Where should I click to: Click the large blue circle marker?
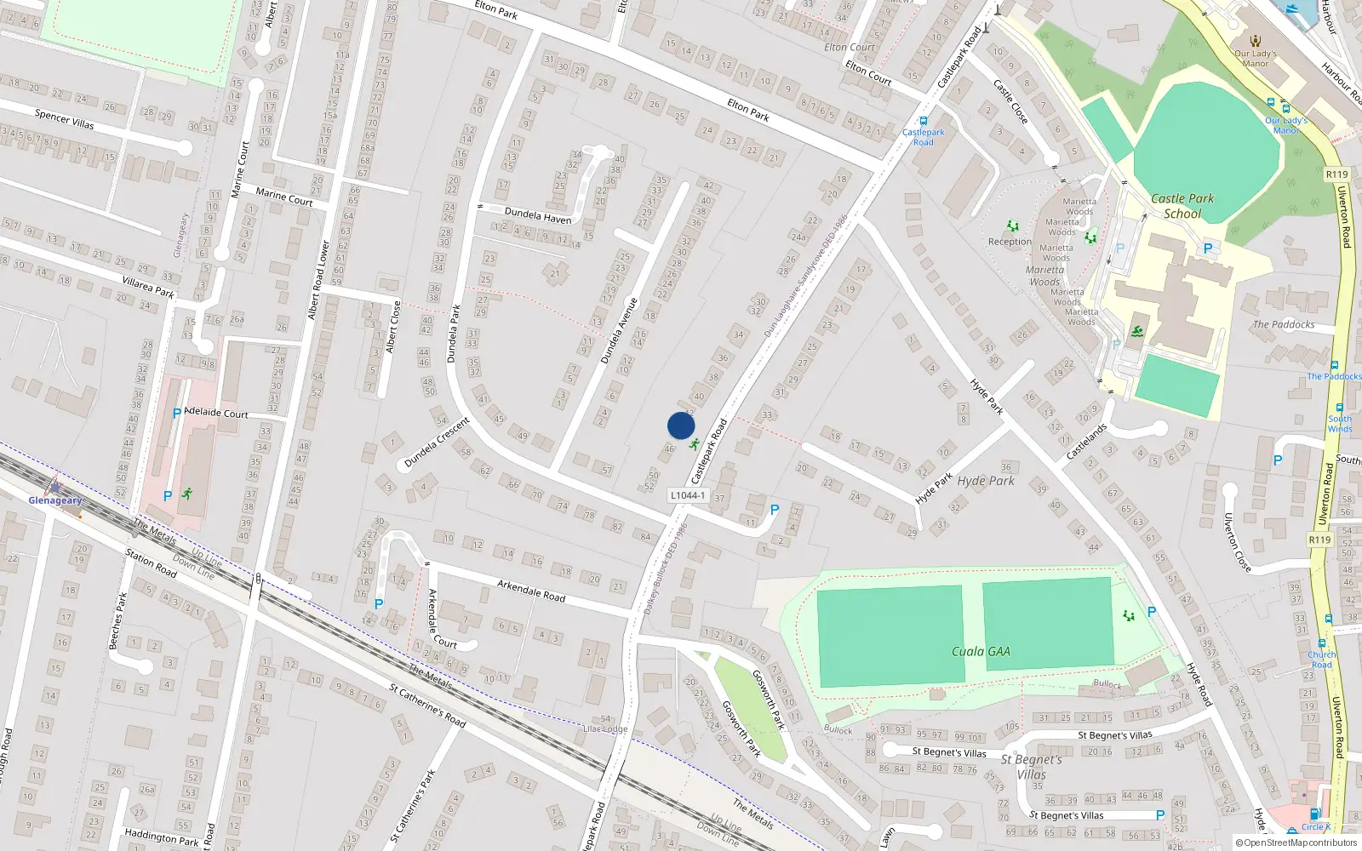coord(681,425)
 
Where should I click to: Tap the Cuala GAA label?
coord(981,652)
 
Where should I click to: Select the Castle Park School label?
coord(1182,206)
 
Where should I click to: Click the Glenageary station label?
coord(55,500)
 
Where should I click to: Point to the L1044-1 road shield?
coord(687,495)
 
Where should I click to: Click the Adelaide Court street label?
coord(216,414)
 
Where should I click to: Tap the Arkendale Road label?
coord(531,591)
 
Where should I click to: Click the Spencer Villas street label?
coord(65,118)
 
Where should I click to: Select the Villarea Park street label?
coord(148,287)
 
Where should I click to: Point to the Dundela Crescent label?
coord(437,442)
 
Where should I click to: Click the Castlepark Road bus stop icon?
coord(924,122)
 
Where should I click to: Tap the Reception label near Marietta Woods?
coord(1010,242)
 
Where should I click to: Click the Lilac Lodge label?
coord(605,728)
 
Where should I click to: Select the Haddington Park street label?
coord(162,837)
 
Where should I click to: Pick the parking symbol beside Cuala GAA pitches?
coord(1152,612)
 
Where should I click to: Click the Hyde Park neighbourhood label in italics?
coord(986,481)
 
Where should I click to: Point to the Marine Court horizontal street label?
coord(284,197)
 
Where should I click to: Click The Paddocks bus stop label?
coord(1334,376)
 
